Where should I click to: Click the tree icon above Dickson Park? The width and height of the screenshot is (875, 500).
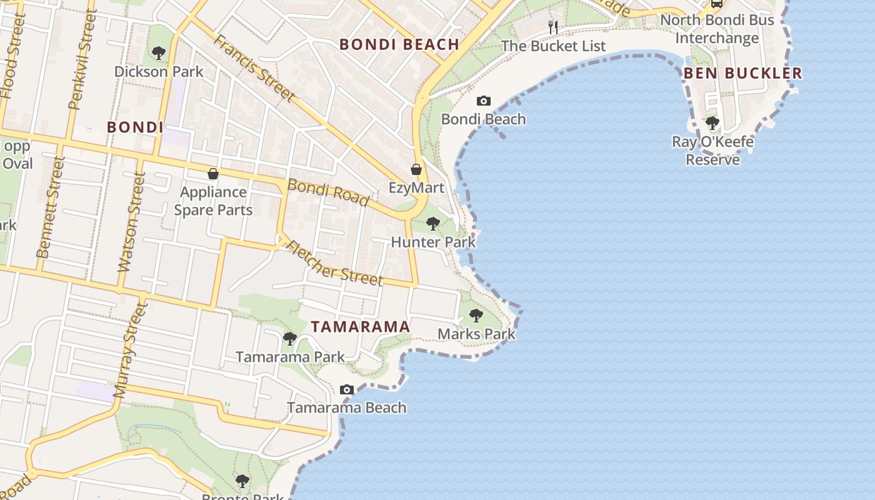tap(159, 53)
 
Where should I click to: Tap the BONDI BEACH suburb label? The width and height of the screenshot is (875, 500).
tap(399, 44)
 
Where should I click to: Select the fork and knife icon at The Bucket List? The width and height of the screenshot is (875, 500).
tap(552, 27)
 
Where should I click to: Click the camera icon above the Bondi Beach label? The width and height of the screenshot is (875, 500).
tap(483, 101)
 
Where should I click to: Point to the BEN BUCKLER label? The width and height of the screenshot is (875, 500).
tap(742, 73)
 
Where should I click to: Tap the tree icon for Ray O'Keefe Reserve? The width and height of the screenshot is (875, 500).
tap(712, 122)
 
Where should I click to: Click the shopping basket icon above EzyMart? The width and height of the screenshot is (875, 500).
tap(416, 169)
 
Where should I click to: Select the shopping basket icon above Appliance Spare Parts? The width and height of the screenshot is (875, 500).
tap(213, 173)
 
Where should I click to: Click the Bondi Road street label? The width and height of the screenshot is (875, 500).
tap(328, 192)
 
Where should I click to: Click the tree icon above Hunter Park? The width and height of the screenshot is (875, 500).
tap(432, 224)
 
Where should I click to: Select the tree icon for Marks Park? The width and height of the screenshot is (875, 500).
tap(476, 316)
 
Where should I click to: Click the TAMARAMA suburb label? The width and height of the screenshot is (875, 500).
tap(361, 327)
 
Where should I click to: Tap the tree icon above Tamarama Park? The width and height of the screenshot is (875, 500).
tap(289, 339)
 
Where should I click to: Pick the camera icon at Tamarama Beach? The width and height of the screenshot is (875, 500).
tap(347, 390)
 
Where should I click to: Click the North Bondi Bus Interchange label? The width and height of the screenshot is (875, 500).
tap(717, 29)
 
